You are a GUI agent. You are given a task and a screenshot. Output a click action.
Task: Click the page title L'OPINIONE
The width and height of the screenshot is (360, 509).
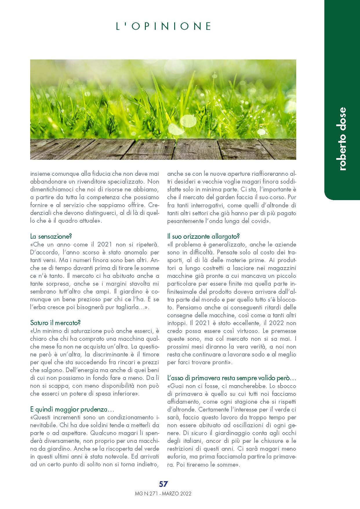[163, 26]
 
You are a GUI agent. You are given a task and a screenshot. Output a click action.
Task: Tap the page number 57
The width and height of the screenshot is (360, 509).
[163, 484]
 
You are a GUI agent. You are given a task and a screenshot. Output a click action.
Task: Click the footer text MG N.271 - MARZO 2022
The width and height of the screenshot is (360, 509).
[163, 494]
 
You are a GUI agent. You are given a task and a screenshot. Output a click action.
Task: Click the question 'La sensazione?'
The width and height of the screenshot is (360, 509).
[51, 236]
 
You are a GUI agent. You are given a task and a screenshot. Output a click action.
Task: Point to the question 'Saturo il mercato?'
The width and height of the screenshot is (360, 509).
[55, 323]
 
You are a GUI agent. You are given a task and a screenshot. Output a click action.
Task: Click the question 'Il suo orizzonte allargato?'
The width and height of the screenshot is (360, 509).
[203, 236]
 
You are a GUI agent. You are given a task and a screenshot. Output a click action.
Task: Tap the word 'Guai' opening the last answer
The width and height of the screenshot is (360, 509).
[177, 386]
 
